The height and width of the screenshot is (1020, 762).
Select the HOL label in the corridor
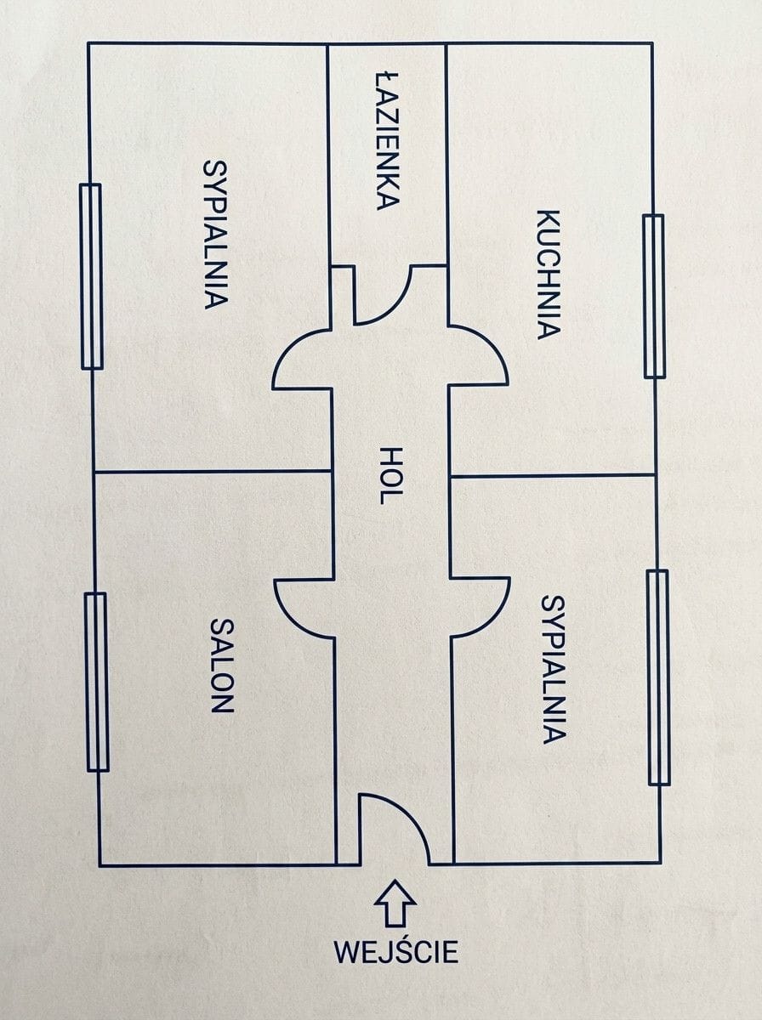pos(390,476)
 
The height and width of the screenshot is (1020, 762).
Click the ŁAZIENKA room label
pos(388,141)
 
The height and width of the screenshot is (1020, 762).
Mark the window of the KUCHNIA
pos(654,296)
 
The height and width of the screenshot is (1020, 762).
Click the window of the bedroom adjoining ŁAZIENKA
pos(91,276)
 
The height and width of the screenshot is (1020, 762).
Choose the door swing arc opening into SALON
pos(292,618)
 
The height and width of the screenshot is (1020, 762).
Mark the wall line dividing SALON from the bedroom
pos(213,472)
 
